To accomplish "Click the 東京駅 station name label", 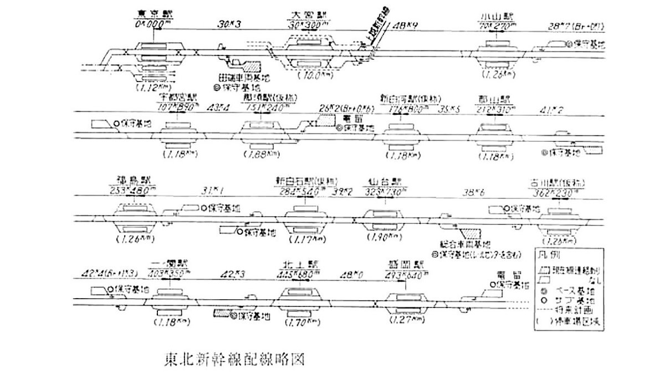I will (x=147, y=14).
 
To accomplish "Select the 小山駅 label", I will (x=495, y=14).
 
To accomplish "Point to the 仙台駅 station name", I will (x=381, y=181).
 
